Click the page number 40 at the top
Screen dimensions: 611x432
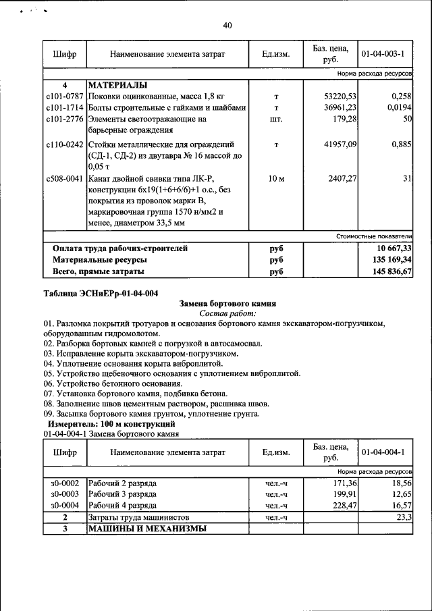tap(227, 26)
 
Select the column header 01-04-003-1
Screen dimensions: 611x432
tap(382, 53)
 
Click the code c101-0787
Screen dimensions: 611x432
tap(65, 97)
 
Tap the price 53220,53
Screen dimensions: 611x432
tap(340, 97)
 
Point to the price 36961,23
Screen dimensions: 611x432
tap(340, 108)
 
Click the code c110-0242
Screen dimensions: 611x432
tap(65, 144)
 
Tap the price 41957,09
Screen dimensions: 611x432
tap(340, 144)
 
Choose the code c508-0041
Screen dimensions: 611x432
tap(65, 179)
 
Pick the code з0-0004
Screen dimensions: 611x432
tap(65, 505)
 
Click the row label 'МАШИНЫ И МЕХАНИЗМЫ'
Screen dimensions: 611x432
tap(146, 529)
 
